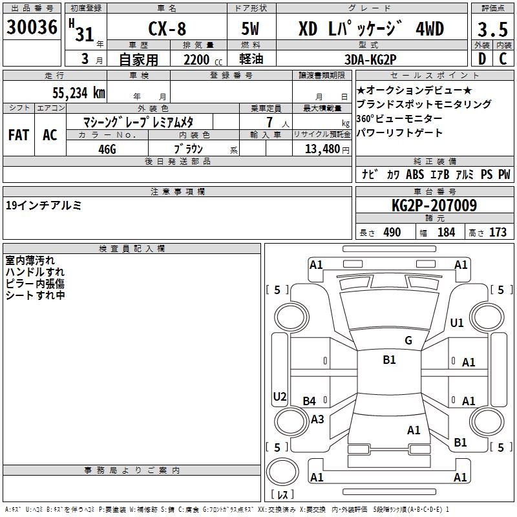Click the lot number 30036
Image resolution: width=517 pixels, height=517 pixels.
tap(32, 26)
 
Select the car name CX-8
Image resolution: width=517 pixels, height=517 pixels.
tap(167, 28)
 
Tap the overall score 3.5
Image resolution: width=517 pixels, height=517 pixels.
tap(492, 29)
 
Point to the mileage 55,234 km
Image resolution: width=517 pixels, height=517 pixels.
tap(79, 92)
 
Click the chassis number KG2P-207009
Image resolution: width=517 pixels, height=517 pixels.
tap(434, 205)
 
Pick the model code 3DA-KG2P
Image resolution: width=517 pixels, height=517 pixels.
tap(370, 59)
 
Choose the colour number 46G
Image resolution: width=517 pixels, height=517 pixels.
tap(107, 149)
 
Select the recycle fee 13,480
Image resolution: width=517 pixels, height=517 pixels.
tap(322, 149)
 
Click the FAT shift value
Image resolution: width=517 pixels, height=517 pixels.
tap(19, 135)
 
